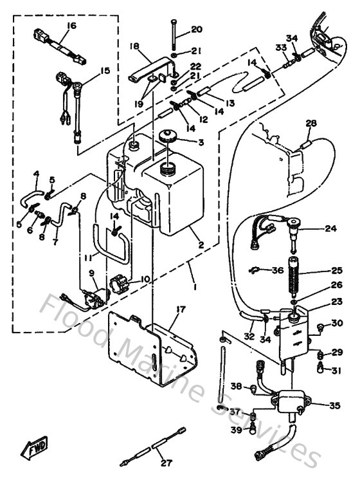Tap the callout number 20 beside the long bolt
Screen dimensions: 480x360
(196, 30)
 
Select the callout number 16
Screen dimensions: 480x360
(71, 25)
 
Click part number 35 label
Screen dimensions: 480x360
(334, 405)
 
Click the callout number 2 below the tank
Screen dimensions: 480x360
(201, 245)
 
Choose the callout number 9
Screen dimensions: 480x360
(93, 272)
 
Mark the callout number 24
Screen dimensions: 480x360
(330, 228)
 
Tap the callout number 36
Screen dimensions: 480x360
(277, 270)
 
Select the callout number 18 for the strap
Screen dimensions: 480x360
(134, 46)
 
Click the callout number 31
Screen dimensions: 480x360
(336, 369)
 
